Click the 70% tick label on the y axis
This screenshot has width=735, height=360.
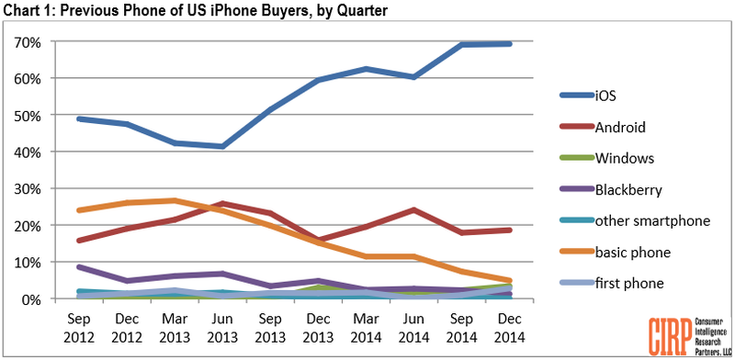click(x=30, y=42)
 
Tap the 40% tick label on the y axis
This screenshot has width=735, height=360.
click(x=30, y=152)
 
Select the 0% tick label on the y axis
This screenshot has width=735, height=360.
click(x=34, y=299)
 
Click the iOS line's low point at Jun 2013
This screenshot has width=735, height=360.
click(x=223, y=146)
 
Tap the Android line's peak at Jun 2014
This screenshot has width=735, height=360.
click(x=414, y=210)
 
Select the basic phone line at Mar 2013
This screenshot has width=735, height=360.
click(x=174, y=200)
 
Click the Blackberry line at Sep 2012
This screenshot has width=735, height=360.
click(x=80, y=267)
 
